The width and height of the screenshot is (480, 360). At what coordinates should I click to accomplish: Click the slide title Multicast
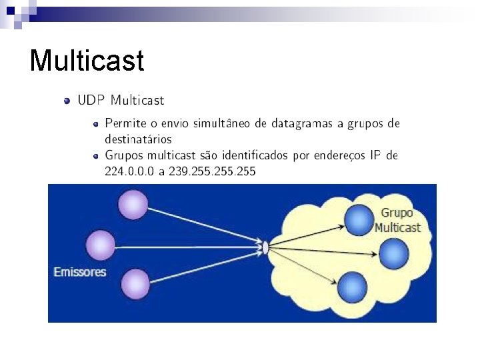(87, 61)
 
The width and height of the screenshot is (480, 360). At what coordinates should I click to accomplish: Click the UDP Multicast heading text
(121, 101)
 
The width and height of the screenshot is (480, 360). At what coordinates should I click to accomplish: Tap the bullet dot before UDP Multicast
(67, 101)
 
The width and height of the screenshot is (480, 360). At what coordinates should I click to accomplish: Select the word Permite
(126, 123)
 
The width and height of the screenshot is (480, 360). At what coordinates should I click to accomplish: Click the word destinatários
(138, 139)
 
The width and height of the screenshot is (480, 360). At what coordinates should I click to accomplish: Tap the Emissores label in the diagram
(79, 272)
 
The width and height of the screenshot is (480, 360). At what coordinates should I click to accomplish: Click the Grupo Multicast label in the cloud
(397, 221)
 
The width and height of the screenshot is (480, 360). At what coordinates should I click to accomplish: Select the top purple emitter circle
(133, 204)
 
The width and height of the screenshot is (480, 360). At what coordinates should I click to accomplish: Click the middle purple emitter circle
(101, 245)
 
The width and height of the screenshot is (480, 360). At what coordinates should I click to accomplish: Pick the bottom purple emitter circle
(136, 284)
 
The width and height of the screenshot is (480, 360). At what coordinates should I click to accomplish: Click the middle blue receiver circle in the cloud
(393, 253)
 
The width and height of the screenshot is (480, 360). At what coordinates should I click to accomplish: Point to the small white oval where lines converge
(265, 248)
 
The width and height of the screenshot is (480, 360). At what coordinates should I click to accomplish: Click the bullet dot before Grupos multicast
(96, 156)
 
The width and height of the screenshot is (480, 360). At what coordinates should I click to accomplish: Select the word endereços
(347, 155)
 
